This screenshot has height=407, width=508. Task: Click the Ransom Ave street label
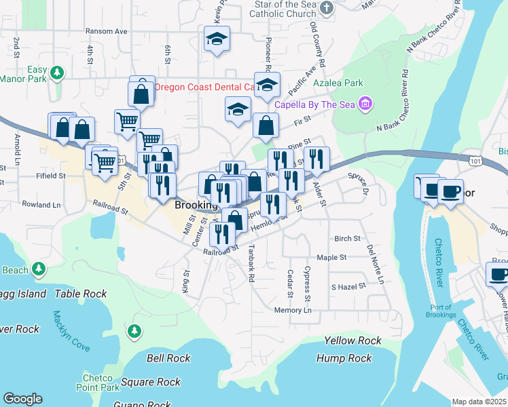click(107, 31)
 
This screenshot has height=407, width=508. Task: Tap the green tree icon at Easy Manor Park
click(58, 72)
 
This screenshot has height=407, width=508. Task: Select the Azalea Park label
click(338, 83)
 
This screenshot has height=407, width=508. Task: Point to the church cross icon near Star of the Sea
click(327, 8)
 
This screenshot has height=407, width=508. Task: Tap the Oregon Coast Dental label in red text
click(204, 87)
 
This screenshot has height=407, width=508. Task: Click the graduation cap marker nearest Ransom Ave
click(217, 39)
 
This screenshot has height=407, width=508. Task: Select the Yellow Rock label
click(352, 341)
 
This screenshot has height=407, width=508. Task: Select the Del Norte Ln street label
click(375, 264)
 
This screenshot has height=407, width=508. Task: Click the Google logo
click(22, 399)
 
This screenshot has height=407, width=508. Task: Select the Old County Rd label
click(317, 45)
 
